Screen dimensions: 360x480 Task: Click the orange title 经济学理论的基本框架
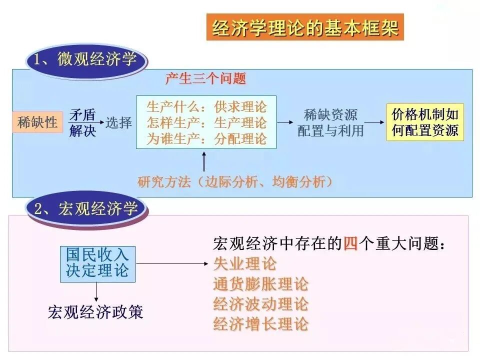pos(305,27)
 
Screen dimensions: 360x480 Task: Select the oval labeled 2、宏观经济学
pos(87,208)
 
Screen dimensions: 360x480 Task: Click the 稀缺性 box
pos(38,122)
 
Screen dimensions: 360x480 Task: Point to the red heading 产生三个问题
pos(205,78)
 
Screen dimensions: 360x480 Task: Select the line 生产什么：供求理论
pos(206,107)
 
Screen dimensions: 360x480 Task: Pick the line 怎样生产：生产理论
pos(206,122)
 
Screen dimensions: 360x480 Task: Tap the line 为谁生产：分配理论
pos(206,138)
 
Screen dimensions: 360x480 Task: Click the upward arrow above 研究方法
pos(204,161)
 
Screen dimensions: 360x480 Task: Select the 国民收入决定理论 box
pos(97,263)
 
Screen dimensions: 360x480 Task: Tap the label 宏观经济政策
pos(95,312)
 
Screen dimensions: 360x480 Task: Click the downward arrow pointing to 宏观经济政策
pos(96,291)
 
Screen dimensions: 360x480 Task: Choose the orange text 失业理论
pos(244,263)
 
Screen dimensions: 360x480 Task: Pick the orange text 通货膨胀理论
pos(260,284)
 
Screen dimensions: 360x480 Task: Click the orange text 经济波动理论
pos(260,304)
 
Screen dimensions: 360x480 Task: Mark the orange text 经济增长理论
pos(260,324)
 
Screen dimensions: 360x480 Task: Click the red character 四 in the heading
pos(350,244)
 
